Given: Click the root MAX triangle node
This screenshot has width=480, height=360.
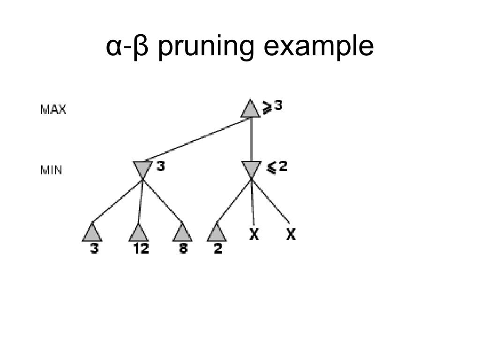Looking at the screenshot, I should coord(251,110).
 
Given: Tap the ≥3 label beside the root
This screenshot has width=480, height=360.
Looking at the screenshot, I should coord(272,107).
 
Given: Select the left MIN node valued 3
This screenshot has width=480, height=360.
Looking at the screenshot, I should coord(142,168).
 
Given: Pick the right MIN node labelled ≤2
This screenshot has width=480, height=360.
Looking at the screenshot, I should coord(251,168).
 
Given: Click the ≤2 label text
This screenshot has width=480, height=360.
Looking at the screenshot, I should coord(277,167).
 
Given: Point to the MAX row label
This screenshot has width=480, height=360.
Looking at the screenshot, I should coord(53,110).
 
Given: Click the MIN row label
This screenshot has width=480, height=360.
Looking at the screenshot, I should coord(51,170).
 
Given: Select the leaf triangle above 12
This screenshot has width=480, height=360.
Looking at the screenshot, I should coord(139,233).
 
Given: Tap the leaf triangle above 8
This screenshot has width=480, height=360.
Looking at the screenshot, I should coord(182,233).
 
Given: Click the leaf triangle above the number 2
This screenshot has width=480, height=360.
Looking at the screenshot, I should coord(217,233).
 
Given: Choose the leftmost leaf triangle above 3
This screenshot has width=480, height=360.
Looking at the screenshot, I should coord(92,233).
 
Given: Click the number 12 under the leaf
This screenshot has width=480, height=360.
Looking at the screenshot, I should coord(141,249).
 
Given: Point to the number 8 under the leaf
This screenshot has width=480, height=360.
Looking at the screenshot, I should coord(183,249).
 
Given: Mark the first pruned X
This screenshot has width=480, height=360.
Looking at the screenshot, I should coord(254,235).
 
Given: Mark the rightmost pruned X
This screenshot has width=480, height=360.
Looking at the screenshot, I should coord(291,235).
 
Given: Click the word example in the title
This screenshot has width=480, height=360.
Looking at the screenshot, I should coord(319,47).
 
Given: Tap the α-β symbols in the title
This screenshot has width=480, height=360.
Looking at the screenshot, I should coord(127,47).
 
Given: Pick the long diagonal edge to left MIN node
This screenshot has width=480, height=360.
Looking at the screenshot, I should coord(197,140).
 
